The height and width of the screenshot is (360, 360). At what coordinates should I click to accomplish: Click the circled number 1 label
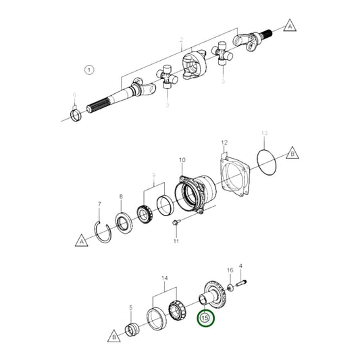click(90, 69)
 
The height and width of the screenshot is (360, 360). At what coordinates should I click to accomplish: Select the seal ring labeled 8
click(124, 220)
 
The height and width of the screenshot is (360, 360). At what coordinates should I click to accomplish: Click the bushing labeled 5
click(132, 313)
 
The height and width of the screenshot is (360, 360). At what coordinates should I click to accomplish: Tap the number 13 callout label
click(265, 134)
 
